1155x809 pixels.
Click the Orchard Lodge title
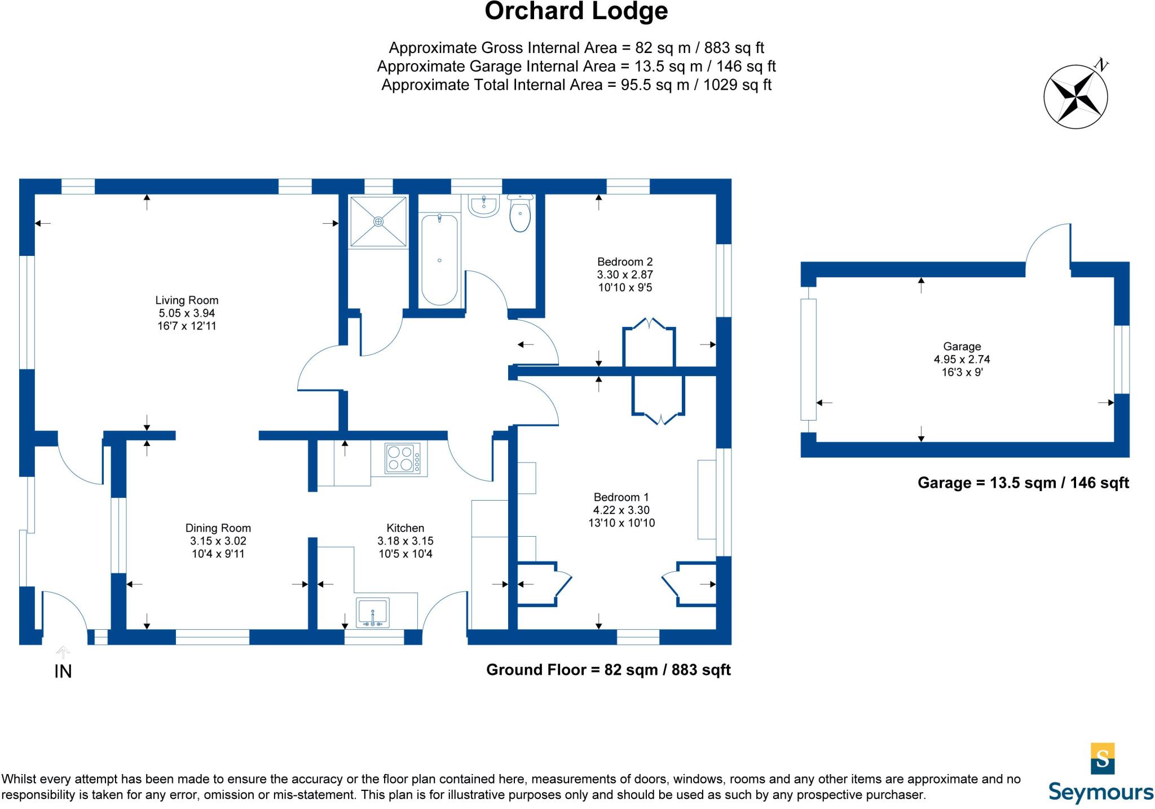pyautogui.click(x=576, y=11)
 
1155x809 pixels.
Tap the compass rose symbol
pyautogui.click(x=1076, y=95)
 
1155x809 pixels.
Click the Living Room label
pyautogui.click(x=187, y=300)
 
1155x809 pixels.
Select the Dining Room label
pyautogui.click(x=218, y=528)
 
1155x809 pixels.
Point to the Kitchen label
pyautogui.click(x=405, y=528)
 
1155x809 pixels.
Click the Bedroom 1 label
pyautogui.click(x=621, y=497)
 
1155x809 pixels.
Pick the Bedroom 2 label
pyautogui.click(x=625, y=262)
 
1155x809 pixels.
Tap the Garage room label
pyautogui.click(x=962, y=347)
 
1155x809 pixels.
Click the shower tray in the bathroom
pyautogui.click(x=378, y=222)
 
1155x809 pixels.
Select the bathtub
pyautogui.click(x=439, y=260)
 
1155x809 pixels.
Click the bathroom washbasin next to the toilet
pyautogui.click(x=483, y=206)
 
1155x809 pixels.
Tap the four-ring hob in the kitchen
pyautogui.click(x=403, y=458)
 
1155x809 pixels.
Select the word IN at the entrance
pyautogui.click(x=63, y=671)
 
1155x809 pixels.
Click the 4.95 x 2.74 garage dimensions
pyautogui.click(x=962, y=359)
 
